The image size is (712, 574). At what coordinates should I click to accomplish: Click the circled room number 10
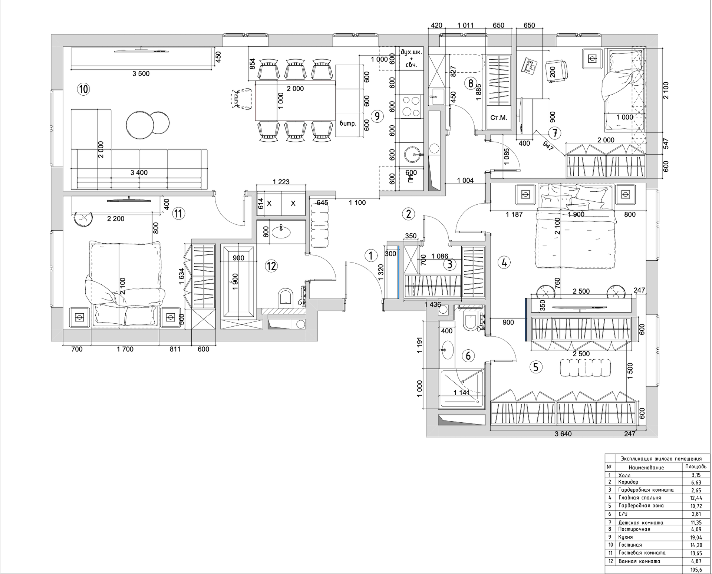click(83, 89)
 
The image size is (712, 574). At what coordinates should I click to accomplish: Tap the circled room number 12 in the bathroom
click(271, 266)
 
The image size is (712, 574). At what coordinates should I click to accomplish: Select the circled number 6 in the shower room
click(468, 356)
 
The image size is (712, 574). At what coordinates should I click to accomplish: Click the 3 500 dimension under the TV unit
click(141, 74)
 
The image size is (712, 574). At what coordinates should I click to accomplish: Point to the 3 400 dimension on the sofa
click(139, 172)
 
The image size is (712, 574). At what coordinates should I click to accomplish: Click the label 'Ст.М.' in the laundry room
click(498, 118)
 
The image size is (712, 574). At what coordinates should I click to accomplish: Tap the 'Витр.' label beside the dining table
click(348, 123)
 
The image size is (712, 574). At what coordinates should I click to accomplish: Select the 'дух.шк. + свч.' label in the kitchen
click(411, 58)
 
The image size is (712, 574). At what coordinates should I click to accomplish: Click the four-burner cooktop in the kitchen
click(411, 106)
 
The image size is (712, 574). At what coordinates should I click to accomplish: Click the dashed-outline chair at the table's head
click(240, 99)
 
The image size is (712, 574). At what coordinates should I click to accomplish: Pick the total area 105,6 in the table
click(692, 570)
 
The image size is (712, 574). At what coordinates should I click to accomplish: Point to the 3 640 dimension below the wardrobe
click(563, 434)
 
